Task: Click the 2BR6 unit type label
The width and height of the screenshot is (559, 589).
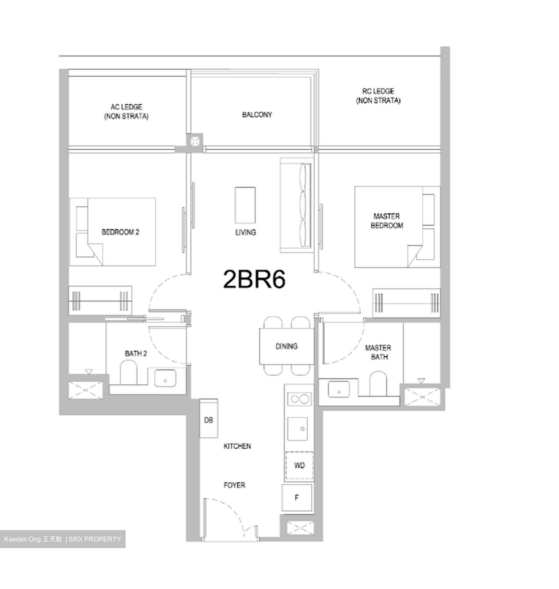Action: click(254, 279)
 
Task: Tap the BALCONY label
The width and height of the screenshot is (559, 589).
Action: click(257, 115)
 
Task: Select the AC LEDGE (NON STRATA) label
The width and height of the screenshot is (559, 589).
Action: click(126, 112)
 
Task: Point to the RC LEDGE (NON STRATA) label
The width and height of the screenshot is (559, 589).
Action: click(378, 96)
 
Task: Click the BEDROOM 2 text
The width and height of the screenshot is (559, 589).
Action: click(120, 232)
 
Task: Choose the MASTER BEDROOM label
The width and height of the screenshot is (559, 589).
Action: click(387, 221)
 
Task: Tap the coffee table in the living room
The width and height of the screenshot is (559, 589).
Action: click(245, 205)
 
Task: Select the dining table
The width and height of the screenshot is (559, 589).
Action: click(286, 346)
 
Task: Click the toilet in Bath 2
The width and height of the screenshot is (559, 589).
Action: click(128, 373)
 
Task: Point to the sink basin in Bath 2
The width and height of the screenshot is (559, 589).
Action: click(165, 378)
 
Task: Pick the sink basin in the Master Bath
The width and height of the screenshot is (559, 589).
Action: click(339, 390)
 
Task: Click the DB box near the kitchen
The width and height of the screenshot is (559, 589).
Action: click(208, 420)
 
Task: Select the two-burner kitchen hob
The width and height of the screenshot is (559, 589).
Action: click(299, 399)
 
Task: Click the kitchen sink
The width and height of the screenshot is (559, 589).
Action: click(298, 428)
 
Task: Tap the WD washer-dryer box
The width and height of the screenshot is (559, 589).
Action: click(299, 465)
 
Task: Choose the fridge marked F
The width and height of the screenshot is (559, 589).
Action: click(297, 498)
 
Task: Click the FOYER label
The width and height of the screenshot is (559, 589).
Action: click(234, 486)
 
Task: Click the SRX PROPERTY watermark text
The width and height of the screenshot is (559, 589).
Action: click(95, 539)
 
